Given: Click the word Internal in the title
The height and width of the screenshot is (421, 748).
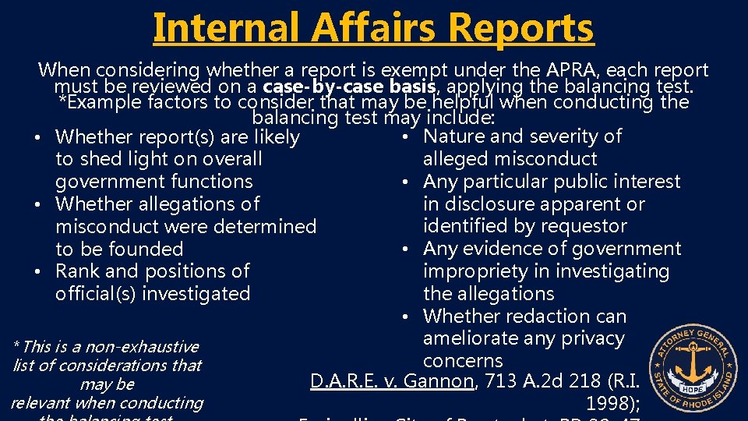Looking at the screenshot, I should point(226,27).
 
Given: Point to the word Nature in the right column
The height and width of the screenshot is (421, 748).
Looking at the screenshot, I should point(453,136).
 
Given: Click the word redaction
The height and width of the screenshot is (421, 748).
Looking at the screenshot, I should point(554,317).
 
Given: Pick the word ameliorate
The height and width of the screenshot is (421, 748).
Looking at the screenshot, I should point(474,339).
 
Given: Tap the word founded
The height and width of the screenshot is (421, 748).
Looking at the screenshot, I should point(145,249).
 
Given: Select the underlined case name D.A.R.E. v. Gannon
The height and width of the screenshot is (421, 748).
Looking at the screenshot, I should point(392,382).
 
